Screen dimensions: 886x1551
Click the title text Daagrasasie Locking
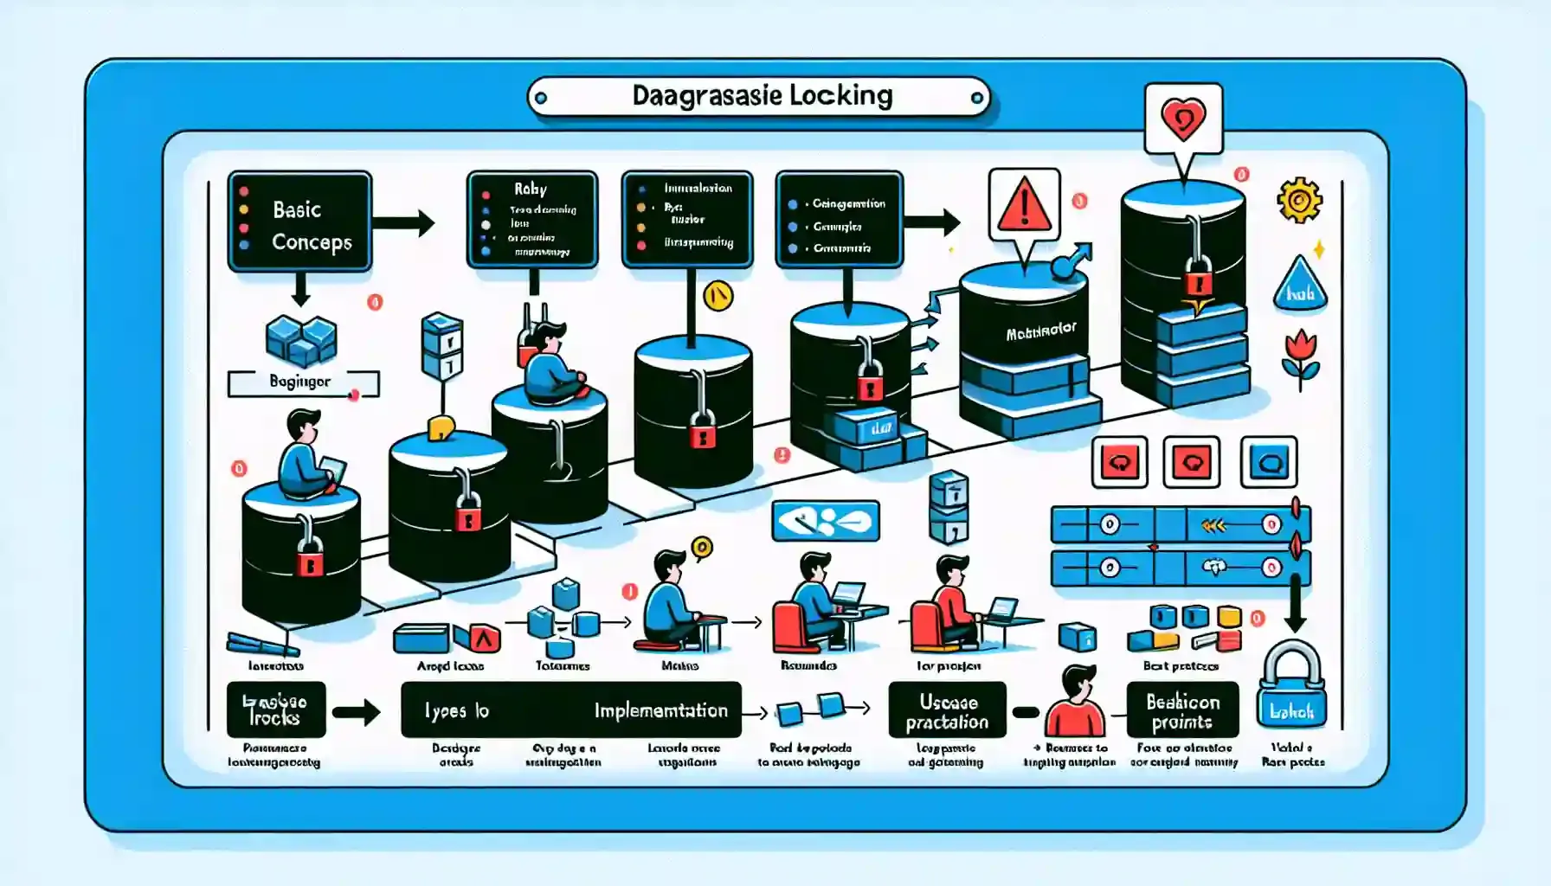762,95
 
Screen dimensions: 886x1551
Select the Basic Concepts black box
299,222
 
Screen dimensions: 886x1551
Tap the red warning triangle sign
1024,206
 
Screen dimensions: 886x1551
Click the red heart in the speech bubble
1183,119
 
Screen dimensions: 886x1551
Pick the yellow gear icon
1298,201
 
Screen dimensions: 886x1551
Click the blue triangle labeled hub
1301,286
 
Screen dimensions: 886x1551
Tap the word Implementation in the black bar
660,710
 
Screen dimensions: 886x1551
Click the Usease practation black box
947,710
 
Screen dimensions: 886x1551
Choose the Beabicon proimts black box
1182,710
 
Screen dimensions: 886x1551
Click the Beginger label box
302,382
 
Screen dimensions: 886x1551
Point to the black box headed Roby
531,219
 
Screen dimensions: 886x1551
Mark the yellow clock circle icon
718,297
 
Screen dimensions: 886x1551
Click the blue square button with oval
1269,463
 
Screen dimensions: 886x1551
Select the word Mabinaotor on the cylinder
1040,331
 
